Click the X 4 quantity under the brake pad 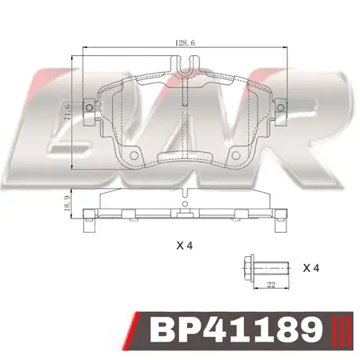[185, 246]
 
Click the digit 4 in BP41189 [228, 330]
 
